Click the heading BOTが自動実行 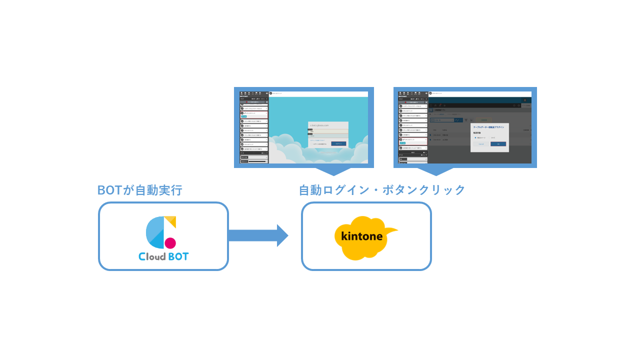[139, 190]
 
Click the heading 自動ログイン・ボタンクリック [381, 190]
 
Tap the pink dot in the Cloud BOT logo [170, 243]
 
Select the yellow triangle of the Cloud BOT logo [171, 220]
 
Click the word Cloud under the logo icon [152, 256]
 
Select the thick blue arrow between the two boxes [257, 235]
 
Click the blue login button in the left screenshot [338, 143]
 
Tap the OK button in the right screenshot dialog [498, 144]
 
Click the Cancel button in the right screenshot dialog [481, 144]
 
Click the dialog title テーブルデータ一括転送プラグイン [488, 127]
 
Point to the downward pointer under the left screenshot [332, 171]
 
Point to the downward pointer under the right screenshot [435, 171]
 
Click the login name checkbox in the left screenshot [311, 144]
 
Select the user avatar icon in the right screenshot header [525, 100]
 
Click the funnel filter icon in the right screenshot [466, 120]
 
